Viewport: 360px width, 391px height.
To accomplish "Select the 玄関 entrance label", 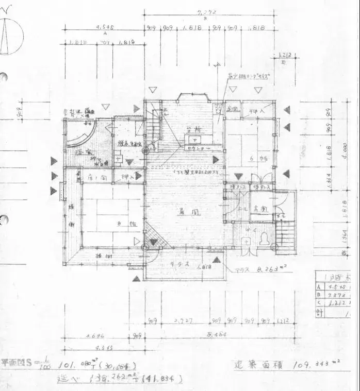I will [259, 209].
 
